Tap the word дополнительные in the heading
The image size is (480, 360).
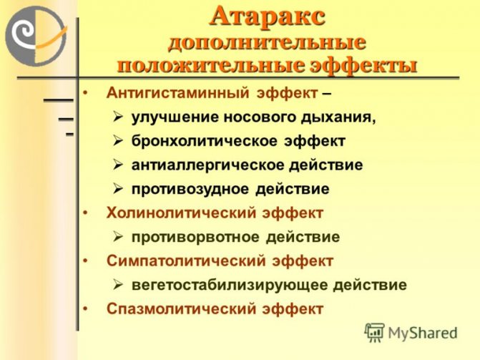267,41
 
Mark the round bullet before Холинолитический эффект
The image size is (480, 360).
85,213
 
